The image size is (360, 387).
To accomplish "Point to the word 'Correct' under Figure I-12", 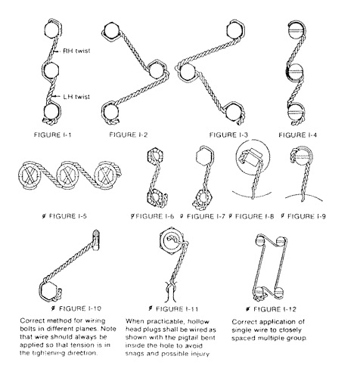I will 259,320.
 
